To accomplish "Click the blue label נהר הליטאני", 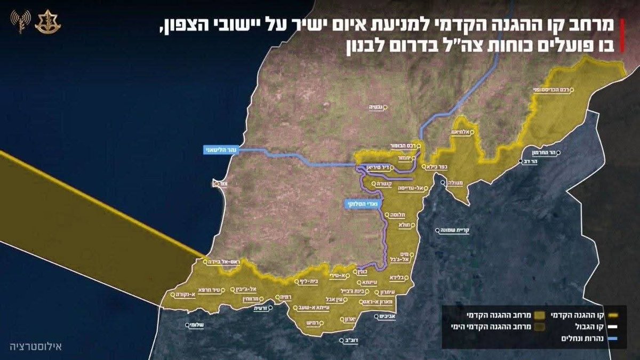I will point(222,151).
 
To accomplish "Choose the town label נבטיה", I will point(377,107).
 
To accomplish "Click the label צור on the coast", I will point(215,184).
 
